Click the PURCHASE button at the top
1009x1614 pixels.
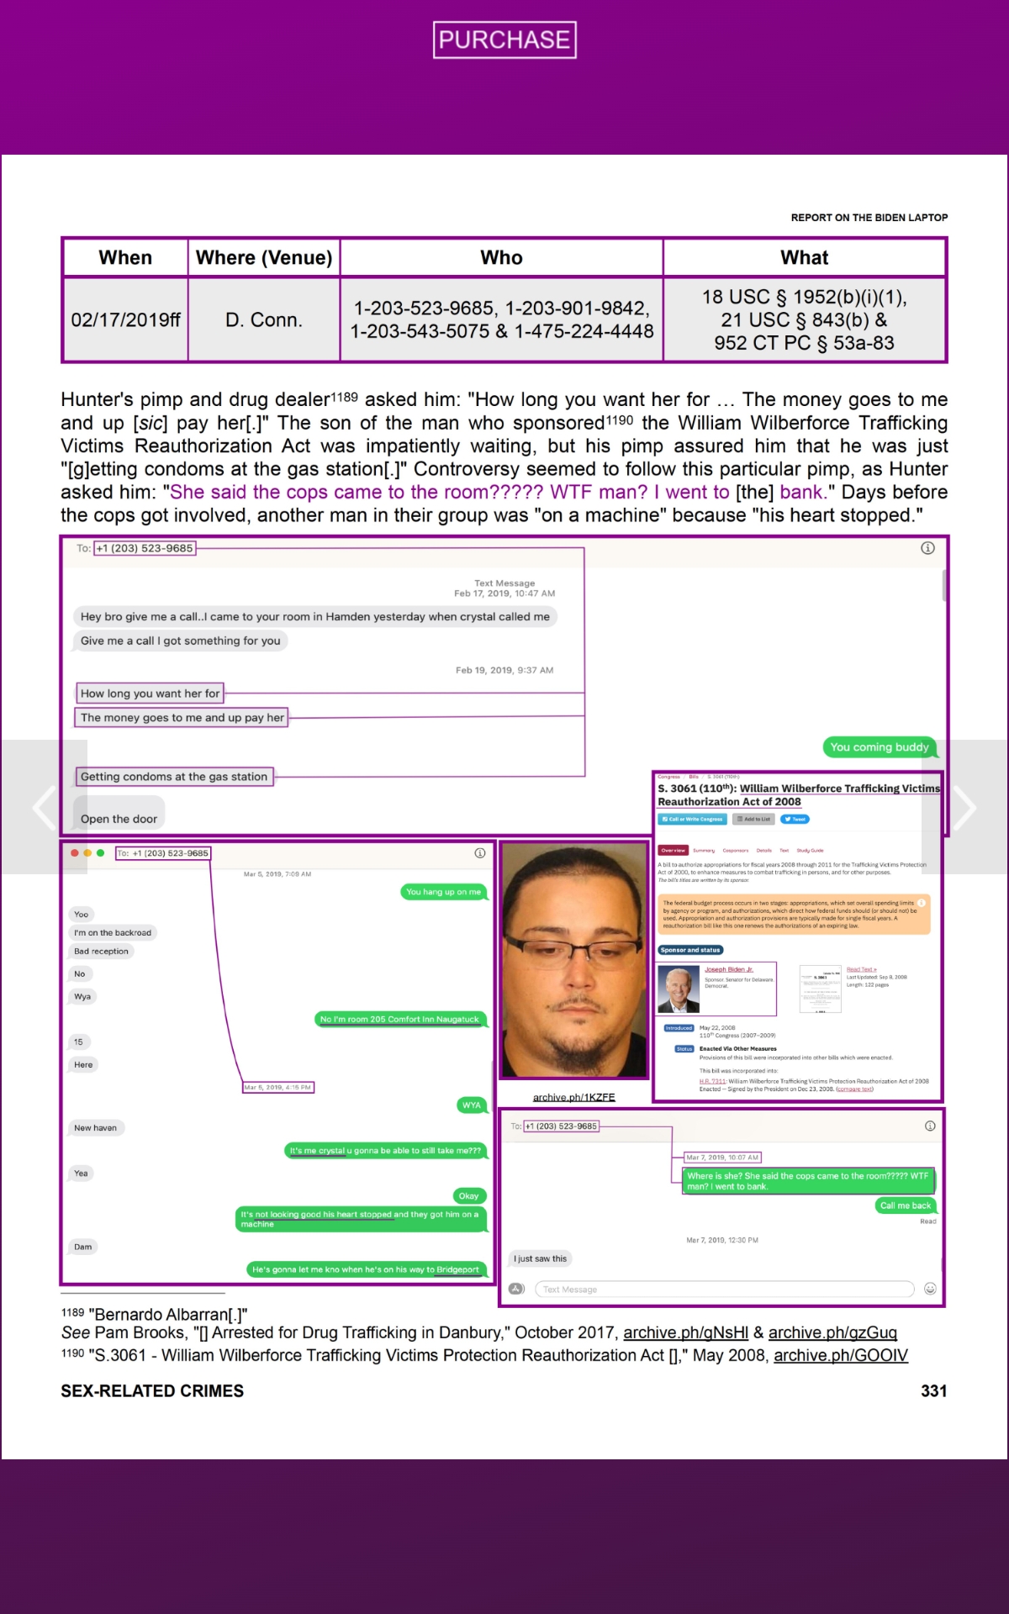coord(504,40)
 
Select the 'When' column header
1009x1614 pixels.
coord(125,257)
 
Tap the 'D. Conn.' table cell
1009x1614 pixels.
coord(263,320)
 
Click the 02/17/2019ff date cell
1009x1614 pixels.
coord(125,320)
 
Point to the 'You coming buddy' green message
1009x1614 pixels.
coord(879,747)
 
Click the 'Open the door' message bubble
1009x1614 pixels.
coord(119,819)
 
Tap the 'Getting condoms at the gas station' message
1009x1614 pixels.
coord(174,777)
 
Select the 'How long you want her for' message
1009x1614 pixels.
coord(150,694)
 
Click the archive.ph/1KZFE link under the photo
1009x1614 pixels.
coord(573,1097)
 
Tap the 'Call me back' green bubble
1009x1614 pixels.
coord(905,1205)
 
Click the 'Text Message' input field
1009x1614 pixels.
coord(723,1289)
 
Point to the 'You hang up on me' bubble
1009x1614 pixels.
coord(443,892)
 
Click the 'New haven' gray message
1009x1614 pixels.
coord(95,1128)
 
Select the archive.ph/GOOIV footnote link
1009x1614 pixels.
coord(840,1355)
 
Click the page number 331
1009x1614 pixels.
coord(933,1391)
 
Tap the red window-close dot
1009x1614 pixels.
coord(75,852)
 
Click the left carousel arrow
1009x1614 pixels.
coord(44,807)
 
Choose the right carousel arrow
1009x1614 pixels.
coord(964,807)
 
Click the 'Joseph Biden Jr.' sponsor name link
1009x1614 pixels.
coord(728,969)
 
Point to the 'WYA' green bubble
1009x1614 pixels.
coord(471,1105)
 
